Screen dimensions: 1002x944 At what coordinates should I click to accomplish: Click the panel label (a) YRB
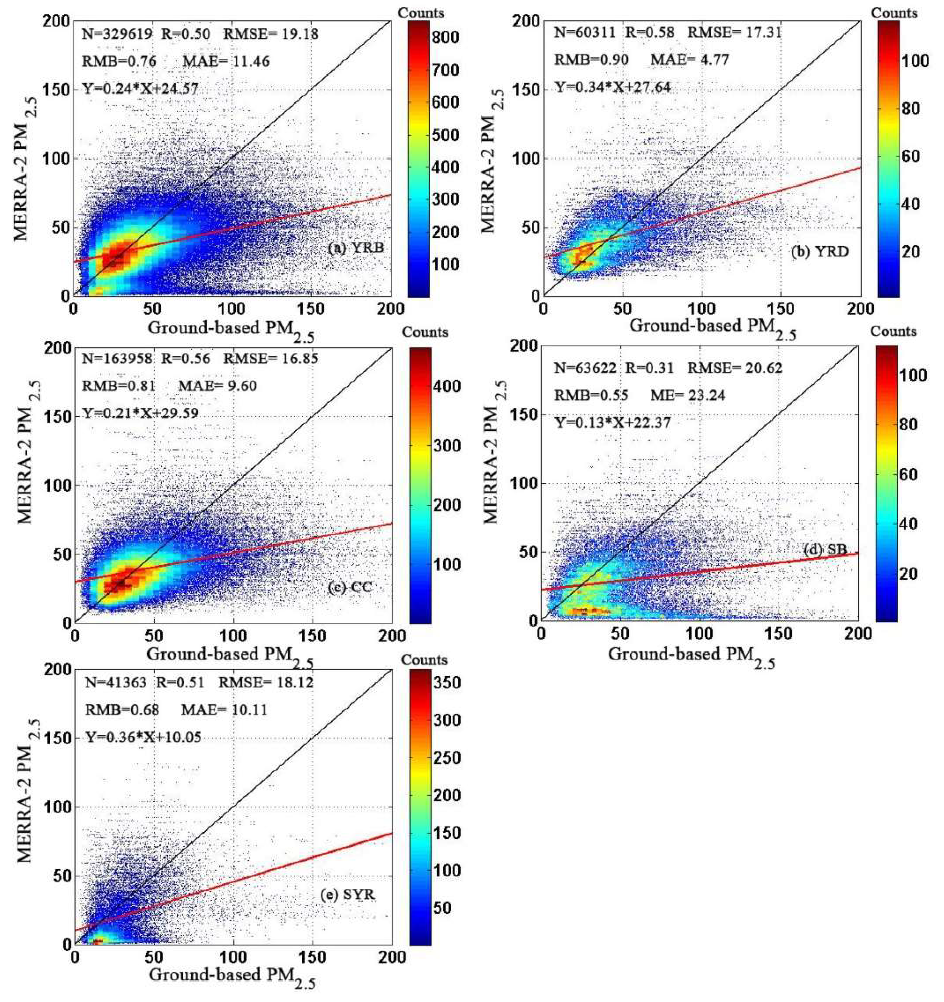tap(356, 248)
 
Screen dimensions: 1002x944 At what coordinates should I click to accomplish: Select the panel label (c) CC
tap(350, 588)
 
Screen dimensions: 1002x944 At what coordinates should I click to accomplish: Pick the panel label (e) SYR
tap(348, 895)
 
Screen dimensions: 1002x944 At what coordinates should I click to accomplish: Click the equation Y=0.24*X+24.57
tap(141, 89)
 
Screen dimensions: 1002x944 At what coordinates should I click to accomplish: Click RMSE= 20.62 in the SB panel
tap(735, 368)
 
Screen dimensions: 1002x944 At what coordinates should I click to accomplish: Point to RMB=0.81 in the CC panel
tap(119, 386)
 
